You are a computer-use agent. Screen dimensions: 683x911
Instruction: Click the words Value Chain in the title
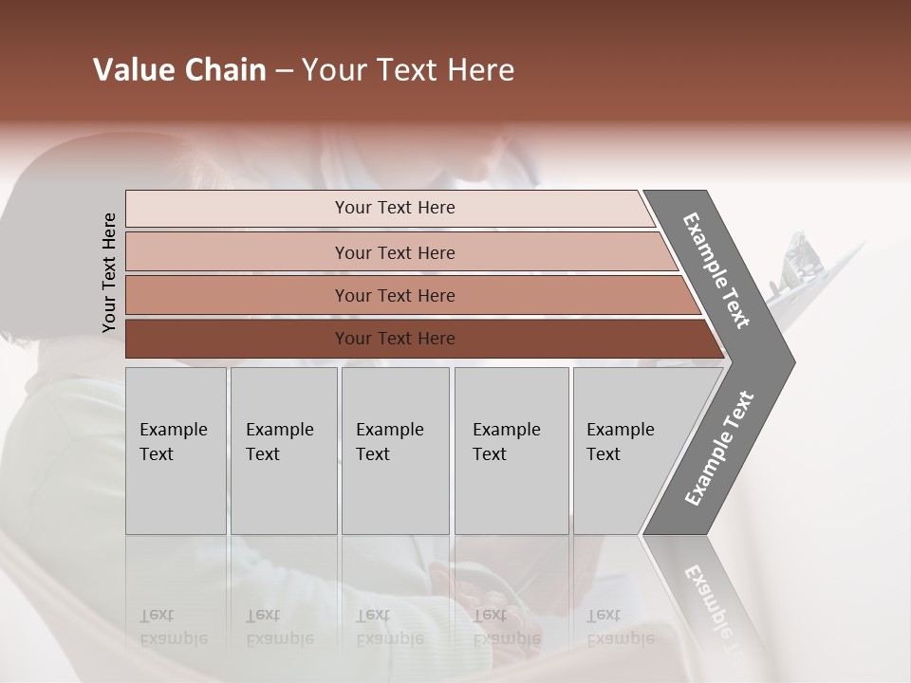tap(179, 70)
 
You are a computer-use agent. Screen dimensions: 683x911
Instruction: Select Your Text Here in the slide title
tap(408, 71)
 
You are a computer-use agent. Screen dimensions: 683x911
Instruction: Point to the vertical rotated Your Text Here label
tap(109, 272)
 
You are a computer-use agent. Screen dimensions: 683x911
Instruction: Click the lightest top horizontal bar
tap(394, 208)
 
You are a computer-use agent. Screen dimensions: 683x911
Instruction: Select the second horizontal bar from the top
tap(394, 252)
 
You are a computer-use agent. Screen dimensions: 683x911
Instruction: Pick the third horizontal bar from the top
tap(394, 295)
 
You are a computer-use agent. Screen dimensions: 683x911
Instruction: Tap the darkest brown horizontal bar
tap(394, 339)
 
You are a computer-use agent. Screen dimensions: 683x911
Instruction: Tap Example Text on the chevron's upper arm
tap(717, 270)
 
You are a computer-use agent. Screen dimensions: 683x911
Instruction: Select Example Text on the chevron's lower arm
tap(719, 448)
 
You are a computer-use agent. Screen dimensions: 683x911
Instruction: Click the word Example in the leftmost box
tap(173, 430)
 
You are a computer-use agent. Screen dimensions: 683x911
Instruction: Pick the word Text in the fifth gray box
tap(603, 454)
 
